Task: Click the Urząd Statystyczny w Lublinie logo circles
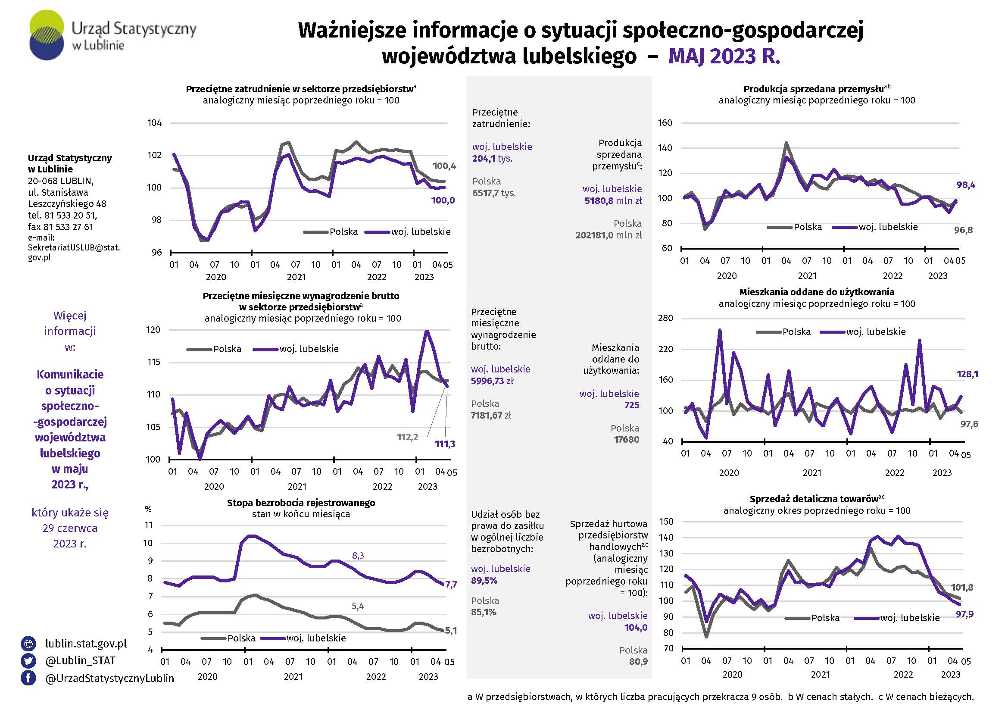(47, 35)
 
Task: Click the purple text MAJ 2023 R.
(724, 56)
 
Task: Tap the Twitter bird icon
(28, 661)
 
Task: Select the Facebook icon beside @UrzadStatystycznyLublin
(28, 678)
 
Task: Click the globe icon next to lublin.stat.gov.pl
(28, 644)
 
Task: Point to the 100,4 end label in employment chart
(444, 166)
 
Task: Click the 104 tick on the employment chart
(155, 123)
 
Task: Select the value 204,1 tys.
(492, 159)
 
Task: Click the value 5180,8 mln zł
(613, 200)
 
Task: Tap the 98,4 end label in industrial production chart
(966, 185)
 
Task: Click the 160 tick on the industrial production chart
(665, 123)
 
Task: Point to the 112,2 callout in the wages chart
(407, 437)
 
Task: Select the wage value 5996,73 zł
(492, 381)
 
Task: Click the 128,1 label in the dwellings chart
(967, 374)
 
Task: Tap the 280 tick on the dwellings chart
(665, 318)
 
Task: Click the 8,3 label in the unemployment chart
(358, 556)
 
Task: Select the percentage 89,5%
(484, 580)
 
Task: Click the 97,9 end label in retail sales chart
(964, 614)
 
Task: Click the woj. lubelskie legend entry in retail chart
(897, 618)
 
